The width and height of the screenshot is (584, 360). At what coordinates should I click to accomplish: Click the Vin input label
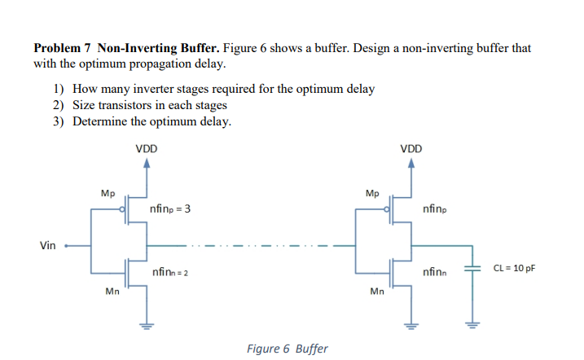[46, 245]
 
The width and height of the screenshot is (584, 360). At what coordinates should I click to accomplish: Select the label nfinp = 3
[170, 210]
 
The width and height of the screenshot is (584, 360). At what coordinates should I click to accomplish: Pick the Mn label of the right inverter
[376, 291]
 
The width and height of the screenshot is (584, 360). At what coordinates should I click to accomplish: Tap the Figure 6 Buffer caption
[287, 349]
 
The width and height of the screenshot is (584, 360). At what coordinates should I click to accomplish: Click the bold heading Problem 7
[63, 48]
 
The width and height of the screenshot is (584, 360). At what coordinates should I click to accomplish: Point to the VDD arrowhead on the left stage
[147, 164]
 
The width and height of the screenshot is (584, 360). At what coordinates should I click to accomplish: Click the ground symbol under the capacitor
[471, 329]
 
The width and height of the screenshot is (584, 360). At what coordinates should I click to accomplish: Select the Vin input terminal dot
[67, 245]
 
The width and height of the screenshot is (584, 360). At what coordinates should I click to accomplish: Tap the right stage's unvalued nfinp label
[435, 210]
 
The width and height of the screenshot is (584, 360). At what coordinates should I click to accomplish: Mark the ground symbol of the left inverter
[147, 329]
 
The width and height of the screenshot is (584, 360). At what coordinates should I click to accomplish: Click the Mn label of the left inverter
[112, 291]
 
